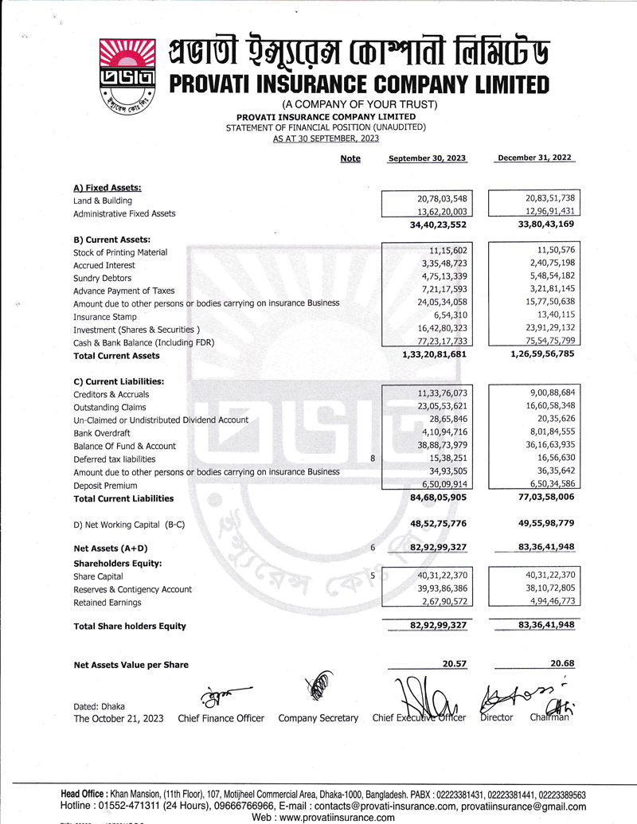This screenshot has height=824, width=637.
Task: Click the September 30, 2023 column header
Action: click(x=427, y=158)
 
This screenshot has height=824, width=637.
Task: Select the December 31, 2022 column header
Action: click(x=535, y=158)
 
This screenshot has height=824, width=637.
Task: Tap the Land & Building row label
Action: click(x=103, y=201)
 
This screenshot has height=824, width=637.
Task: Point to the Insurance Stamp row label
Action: click(x=104, y=317)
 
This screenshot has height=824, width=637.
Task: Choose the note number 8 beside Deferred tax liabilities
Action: click(x=373, y=459)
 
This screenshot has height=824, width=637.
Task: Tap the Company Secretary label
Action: click(x=318, y=718)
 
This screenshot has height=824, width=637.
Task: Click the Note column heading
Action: click(x=350, y=158)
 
